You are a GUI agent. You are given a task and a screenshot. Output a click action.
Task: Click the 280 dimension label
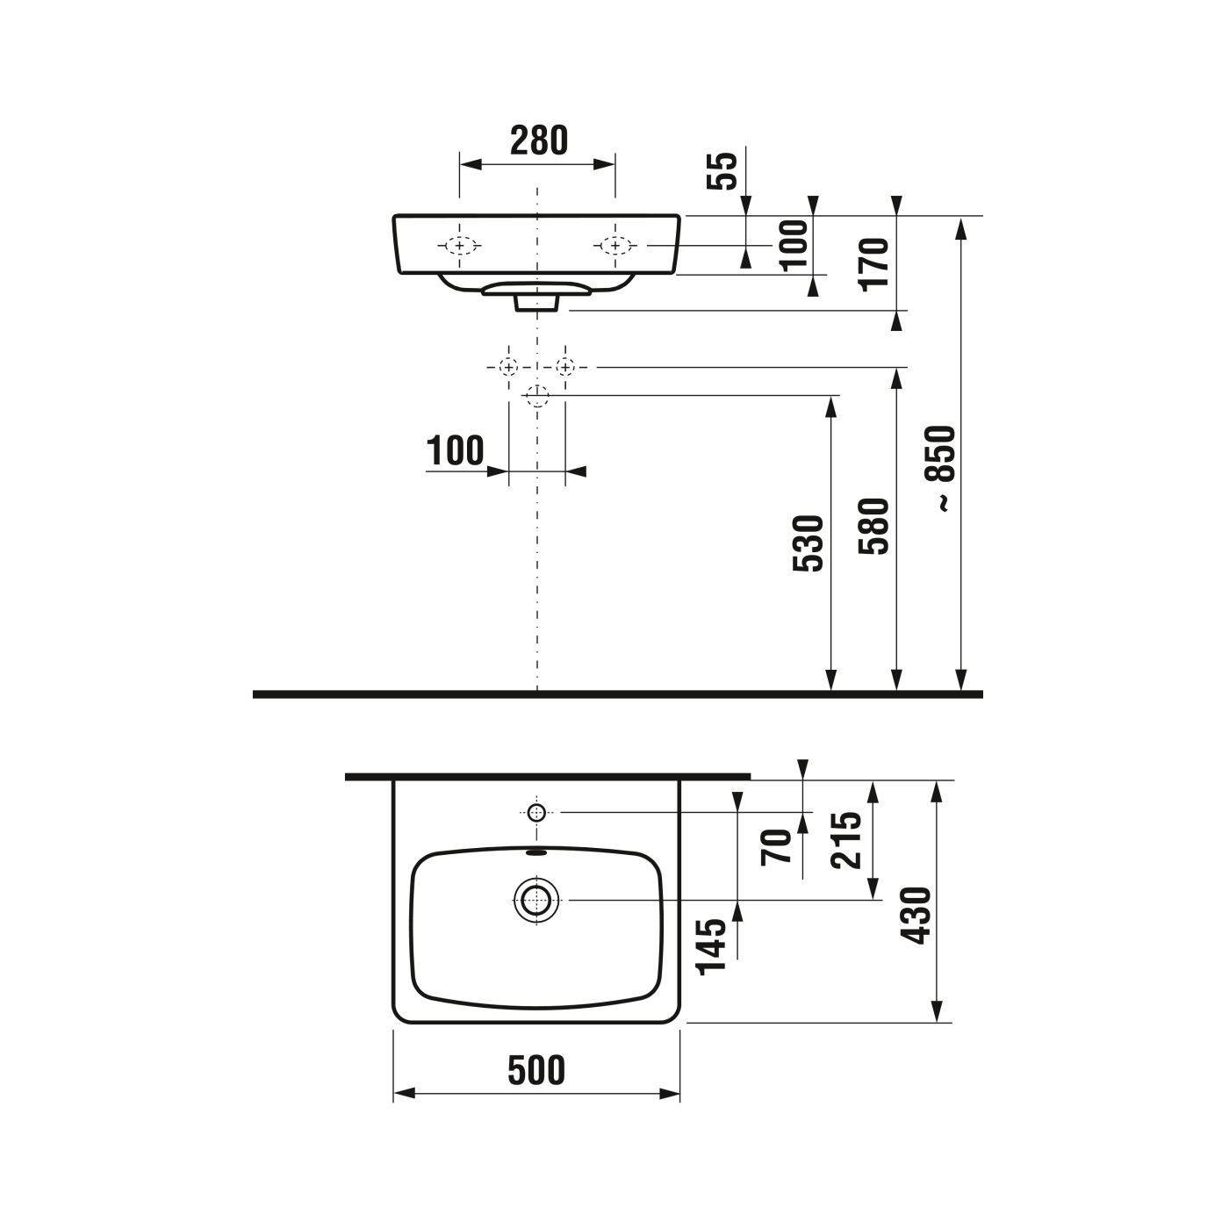click(539, 140)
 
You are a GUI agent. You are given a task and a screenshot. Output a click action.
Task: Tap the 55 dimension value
click(722, 171)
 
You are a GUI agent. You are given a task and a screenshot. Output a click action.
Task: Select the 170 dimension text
click(875, 263)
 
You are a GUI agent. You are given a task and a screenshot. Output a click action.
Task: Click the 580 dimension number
click(875, 526)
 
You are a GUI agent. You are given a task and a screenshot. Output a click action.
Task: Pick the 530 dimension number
click(809, 543)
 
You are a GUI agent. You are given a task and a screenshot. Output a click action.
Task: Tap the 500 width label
click(536, 1070)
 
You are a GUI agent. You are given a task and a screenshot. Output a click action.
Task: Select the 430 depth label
click(917, 916)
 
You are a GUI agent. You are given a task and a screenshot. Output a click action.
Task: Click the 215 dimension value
click(848, 840)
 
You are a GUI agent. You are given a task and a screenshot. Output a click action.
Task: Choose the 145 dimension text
click(712, 946)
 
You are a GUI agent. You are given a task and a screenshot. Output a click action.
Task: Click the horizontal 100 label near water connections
click(455, 451)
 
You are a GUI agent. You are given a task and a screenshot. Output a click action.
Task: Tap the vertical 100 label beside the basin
click(794, 245)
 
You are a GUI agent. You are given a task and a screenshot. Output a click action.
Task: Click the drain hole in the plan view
click(536, 900)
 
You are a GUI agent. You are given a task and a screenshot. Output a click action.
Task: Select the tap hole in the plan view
click(536, 812)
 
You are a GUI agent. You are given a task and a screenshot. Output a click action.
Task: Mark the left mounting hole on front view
click(459, 246)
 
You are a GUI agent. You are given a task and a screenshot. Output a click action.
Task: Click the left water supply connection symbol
click(508, 366)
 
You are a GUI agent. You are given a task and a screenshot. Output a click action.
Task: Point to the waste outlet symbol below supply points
click(536, 396)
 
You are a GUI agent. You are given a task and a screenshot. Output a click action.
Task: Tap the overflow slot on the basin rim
click(536, 851)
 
